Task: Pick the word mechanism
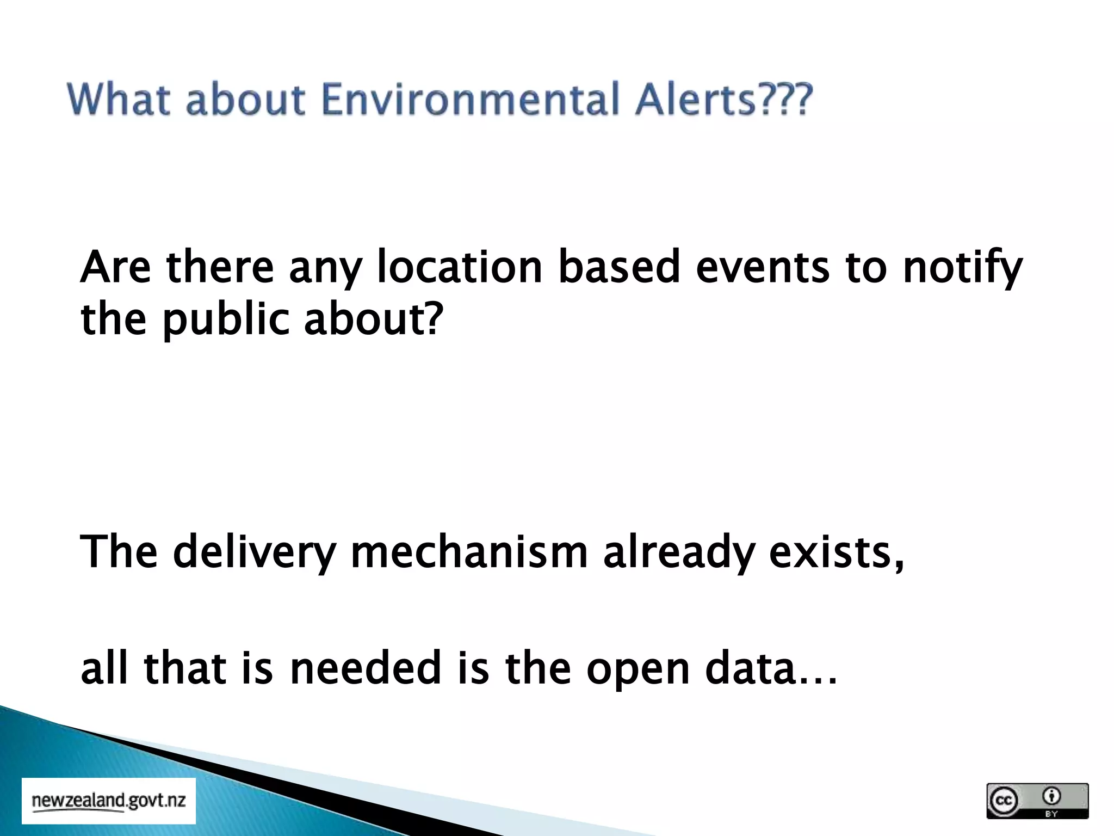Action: point(469,552)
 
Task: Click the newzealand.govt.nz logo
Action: point(109,801)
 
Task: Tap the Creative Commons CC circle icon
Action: point(1004,801)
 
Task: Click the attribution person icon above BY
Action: point(1051,796)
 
